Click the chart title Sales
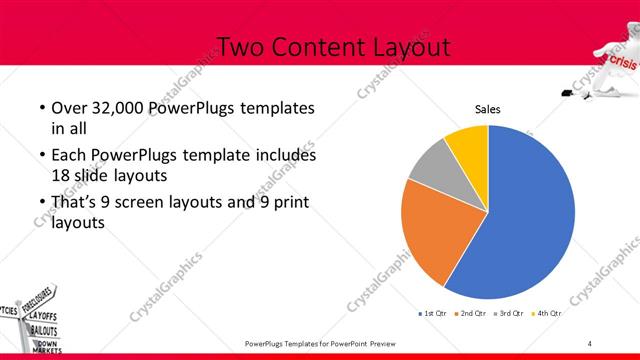point(487,110)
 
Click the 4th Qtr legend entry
point(547,314)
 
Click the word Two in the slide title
point(241,47)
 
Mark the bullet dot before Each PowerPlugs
point(41,156)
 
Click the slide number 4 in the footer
point(590,344)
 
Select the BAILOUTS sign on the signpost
point(42,329)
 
